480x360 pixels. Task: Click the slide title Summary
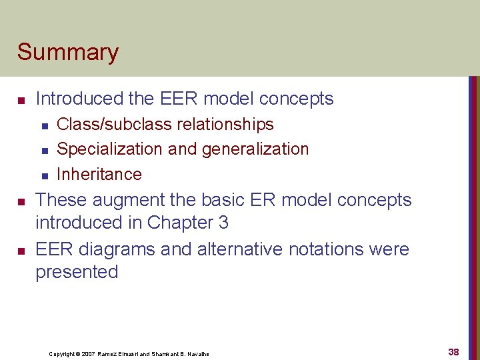[x=68, y=53]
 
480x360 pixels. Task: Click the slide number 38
[x=453, y=351]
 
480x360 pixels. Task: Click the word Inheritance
[x=99, y=174]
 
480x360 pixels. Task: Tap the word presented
[x=77, y=272]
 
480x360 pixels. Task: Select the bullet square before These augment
[x=21, y=201]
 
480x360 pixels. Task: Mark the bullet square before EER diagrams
[x=21, y=251]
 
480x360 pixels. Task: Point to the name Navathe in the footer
[x=197, y=354]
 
